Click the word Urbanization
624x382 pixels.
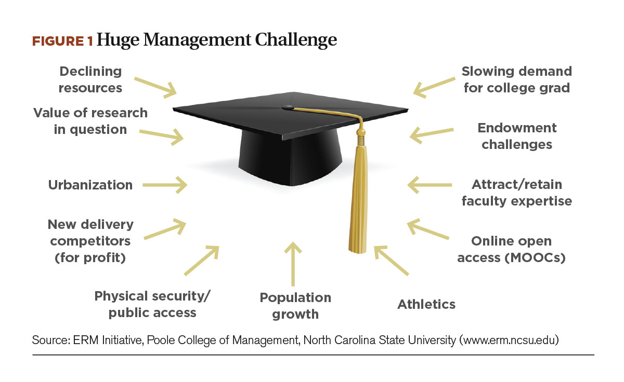tap(90, 185)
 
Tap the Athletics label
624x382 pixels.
tap(426, 304)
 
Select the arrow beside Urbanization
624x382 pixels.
tap(165, 185)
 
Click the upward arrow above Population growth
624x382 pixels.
tap(293, 264)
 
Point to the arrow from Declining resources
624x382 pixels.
tap(155, 87)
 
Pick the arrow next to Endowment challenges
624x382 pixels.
tap(432, 135)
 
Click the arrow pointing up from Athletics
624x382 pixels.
tap(391, 260)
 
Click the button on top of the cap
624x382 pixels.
tap(288, 107)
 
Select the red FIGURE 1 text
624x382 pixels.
tap(62, 41)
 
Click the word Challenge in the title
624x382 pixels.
tap(296, 40)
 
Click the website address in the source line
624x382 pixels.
tap(509, 340)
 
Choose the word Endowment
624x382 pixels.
tap(517, 128)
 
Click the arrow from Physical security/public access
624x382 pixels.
tap(202, 261)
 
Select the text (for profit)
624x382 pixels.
tap(90, 258)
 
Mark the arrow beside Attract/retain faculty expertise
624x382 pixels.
tap(430, 185)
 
